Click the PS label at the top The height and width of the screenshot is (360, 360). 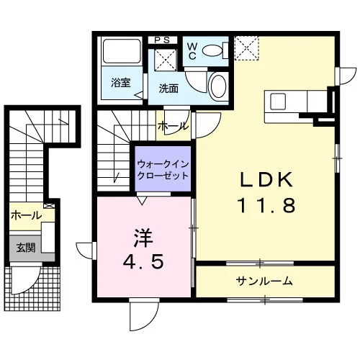point(162,40)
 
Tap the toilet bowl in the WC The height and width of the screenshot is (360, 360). point(212,50)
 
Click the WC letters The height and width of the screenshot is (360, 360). point(192,51)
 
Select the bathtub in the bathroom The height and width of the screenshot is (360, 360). point(122,50)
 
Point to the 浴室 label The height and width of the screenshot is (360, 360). point(121,82)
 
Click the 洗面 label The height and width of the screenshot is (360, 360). point(168,89)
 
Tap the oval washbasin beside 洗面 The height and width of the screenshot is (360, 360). point(218,86)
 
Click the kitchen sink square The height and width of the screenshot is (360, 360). point(278,102)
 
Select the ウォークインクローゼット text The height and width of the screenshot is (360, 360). point(163,170)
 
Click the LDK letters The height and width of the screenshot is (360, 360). point(266,180)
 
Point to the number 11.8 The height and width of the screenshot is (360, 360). point(266,205)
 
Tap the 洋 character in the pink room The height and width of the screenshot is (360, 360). point(143,238)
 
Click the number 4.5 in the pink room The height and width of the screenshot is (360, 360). point(143,261)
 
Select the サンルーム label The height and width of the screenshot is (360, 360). point(264,281)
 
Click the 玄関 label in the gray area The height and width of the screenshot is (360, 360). point(26,248)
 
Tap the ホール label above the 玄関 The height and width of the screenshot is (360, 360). point(27,215)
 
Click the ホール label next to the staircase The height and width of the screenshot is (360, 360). point(173,125)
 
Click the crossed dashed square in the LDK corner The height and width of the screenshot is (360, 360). point(247,48)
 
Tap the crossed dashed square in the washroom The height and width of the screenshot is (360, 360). point(166,60)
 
